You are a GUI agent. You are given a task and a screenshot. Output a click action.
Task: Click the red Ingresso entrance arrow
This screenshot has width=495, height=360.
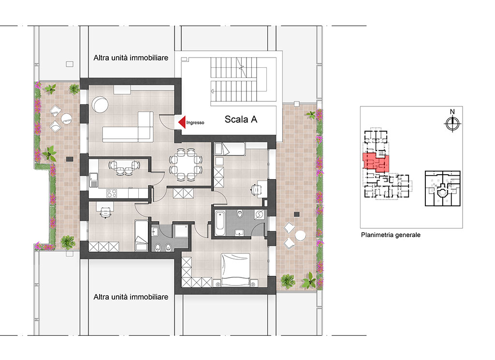click(182, 122)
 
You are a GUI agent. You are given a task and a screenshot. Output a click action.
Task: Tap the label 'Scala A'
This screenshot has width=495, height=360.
click(241, 120)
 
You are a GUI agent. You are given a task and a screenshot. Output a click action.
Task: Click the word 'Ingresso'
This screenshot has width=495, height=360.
click(195, 122)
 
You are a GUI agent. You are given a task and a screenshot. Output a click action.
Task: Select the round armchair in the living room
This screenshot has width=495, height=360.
click(100, 105)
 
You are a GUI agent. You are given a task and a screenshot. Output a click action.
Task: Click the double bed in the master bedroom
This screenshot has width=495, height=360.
click(236, 270)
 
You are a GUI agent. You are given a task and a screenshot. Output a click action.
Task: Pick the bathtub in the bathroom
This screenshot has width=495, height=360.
click(220, 224)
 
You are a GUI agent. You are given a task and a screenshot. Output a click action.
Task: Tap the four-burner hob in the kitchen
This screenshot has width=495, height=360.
click(112, 193)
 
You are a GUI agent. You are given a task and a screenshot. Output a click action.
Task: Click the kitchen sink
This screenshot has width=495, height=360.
click(93, 180)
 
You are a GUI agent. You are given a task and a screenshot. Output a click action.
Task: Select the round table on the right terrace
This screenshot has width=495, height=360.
click(300, 236)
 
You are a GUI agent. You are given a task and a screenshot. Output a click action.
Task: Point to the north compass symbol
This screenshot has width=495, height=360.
click(452, 123)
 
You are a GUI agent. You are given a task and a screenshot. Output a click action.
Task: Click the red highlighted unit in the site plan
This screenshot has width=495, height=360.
click(376, 163)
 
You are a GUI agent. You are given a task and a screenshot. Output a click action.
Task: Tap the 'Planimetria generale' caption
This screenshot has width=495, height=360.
click(391, 235)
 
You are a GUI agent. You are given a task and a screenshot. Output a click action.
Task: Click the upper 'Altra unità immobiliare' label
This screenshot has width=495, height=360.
click(131, 58)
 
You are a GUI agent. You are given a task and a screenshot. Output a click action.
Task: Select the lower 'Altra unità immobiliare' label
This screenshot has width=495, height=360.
click(131, 297)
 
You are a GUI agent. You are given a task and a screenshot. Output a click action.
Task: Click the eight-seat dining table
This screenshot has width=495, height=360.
click(185, 165)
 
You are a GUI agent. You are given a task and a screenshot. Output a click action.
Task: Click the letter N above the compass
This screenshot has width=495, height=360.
click(452, 112)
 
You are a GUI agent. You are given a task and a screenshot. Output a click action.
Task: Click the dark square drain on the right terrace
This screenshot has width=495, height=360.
click(297, 214)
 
